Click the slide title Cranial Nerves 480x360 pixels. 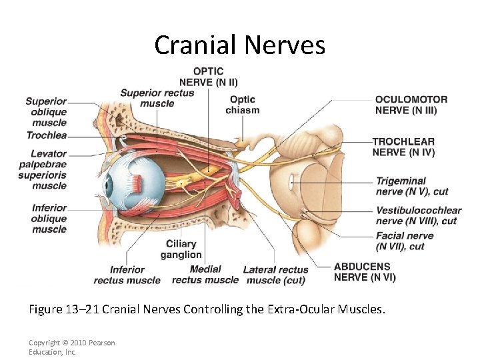(x=239, y=45)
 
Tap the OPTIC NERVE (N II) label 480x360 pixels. (x=208, y=77)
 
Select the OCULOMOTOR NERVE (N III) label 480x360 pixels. (x=411, y=105)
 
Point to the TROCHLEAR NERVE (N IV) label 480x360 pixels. (x=403, y=147)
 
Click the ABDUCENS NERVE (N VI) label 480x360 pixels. (x=365, y=272)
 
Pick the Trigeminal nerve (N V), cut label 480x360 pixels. (x=411, y=186)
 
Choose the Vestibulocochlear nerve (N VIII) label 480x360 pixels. (x=418, y=215)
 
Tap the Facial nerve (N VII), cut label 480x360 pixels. (x=405, y=241)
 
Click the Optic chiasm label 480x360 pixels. (x=242, y=105)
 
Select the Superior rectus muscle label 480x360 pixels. (x=157, y=98)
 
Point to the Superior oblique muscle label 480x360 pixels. (x=47, y=112)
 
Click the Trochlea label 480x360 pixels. (x=47, y=135)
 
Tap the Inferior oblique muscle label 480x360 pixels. (x=49, y=219)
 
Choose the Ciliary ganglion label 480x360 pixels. (x=181, y=249)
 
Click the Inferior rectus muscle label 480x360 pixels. (x=127, y=275)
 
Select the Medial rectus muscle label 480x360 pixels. (x=205, y=275)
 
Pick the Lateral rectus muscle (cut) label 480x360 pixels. (x=275, y=275)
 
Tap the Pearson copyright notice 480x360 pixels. (x=71, y=347)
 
